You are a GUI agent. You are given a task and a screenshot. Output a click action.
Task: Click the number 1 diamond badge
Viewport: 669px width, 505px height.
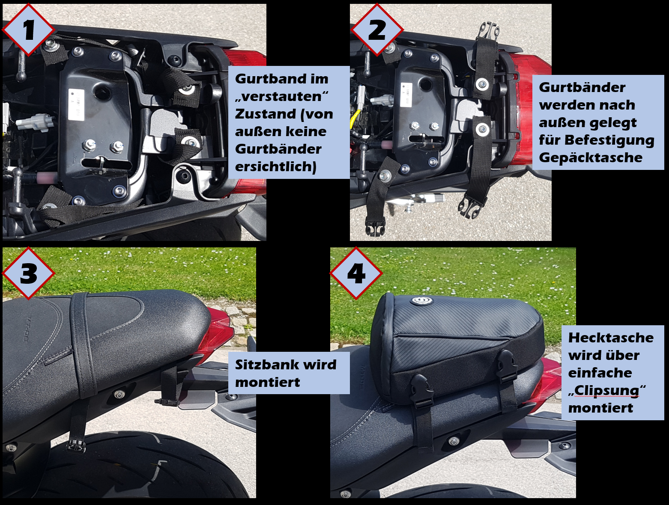pyautogui.click(x=29, y=30)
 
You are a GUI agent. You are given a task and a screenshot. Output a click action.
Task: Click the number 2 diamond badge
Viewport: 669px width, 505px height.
pyautogui.click(x=377, y=30)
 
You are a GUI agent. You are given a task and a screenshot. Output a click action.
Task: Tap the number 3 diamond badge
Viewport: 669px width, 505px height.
pyautogui.click(x=29, y=273)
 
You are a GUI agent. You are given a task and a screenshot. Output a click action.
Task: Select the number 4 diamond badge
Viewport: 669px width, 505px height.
pyautogui.click(x=356, y=273)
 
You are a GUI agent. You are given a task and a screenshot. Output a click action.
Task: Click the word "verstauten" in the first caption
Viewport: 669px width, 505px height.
pyautogui.click(x=281, y=96)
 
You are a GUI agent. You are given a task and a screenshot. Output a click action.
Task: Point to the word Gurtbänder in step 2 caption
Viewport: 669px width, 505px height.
pyautogui.click(x=582, y=88)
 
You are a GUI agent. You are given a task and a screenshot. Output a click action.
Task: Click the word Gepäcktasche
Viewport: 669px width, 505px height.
pyautogui.click(x=591, y=158)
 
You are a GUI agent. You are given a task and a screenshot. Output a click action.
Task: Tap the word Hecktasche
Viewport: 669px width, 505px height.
pyautogui.click(x=611, y=338)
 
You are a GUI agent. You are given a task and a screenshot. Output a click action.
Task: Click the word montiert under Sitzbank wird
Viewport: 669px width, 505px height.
pyautogui.click(x=267, y=382)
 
